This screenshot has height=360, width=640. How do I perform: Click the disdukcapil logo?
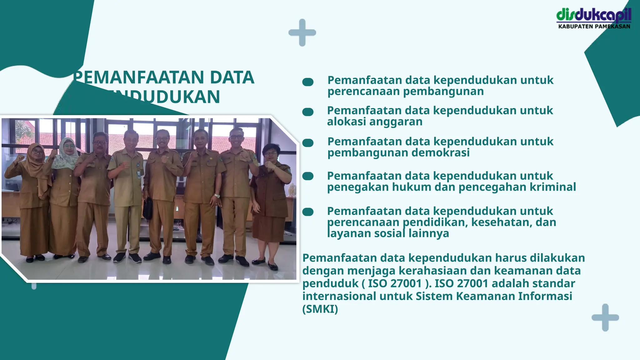click(594, 15)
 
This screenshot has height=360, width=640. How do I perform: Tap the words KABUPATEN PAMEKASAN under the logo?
click(594, 27)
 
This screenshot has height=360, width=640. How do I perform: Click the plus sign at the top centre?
click(302, 32)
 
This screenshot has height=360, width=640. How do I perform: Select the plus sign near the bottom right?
click(605, 317)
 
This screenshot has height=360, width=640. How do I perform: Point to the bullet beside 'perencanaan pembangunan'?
click(308, 82)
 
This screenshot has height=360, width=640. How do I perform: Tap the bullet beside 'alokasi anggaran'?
click(308, 112)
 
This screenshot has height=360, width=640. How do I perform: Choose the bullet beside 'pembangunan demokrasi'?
click(308, 143)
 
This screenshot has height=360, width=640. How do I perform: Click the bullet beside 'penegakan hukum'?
click(308, 176)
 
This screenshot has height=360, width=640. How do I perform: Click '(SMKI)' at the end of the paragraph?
click(320, 309)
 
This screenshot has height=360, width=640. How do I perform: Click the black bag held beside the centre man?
click(147, 208)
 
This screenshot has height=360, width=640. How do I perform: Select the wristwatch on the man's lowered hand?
click(217, 196)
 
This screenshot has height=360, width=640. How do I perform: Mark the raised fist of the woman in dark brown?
click(269, 164)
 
